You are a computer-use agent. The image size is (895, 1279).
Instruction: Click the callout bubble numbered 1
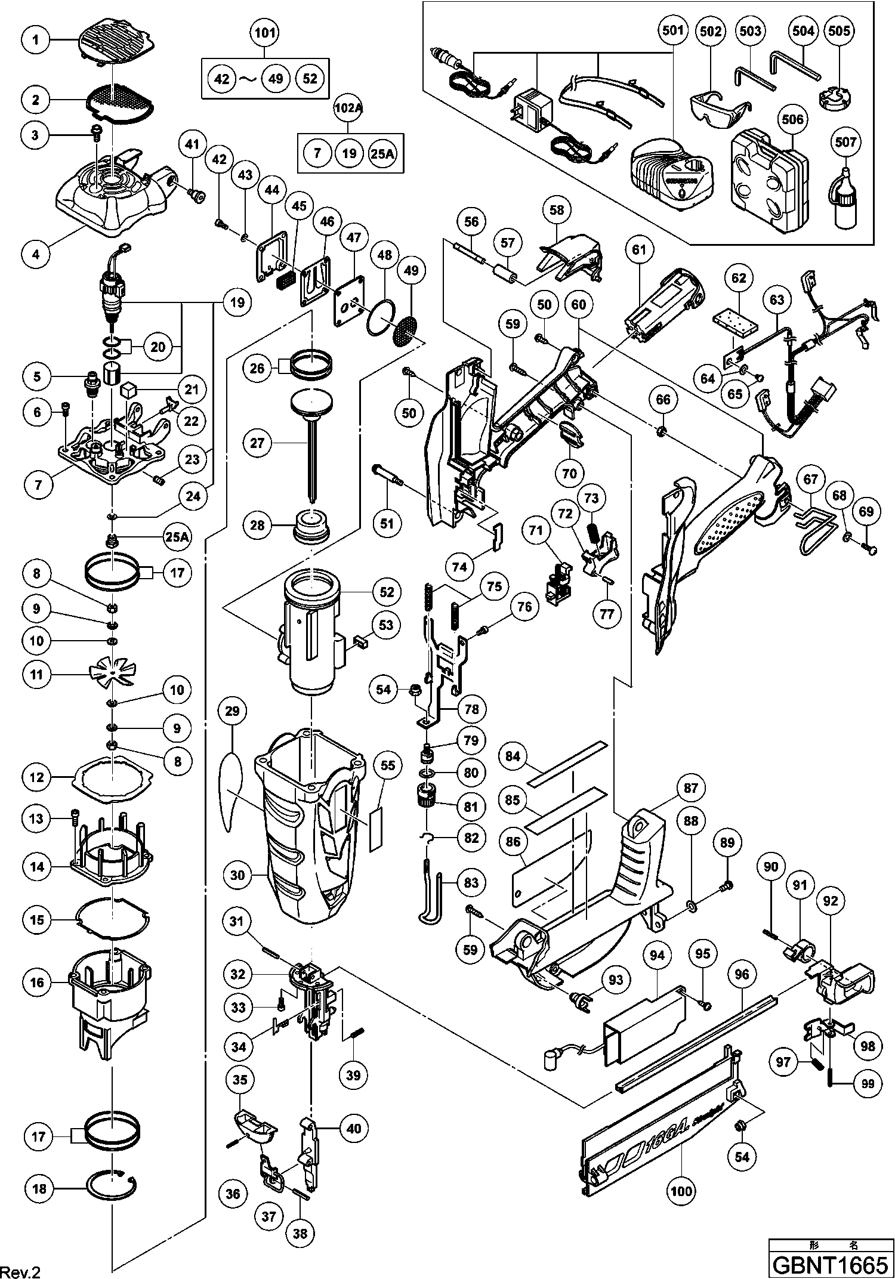pos(36,39)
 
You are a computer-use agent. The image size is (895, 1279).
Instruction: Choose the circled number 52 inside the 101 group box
pos(310,78)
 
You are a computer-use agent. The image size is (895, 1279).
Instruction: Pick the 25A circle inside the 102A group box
pos(382,153)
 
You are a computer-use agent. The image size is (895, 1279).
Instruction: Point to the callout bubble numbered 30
pos(237,875)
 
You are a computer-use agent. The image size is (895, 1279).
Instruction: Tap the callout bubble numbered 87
pos(690,788)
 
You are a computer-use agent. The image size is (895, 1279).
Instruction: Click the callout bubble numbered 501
pos(671,30)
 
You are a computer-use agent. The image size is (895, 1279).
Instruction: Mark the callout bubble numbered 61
pos(639,249)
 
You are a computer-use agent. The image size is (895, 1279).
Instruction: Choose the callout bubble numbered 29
pos(232,710)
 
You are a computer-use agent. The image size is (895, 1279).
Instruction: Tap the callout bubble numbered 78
pos(471,709)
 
